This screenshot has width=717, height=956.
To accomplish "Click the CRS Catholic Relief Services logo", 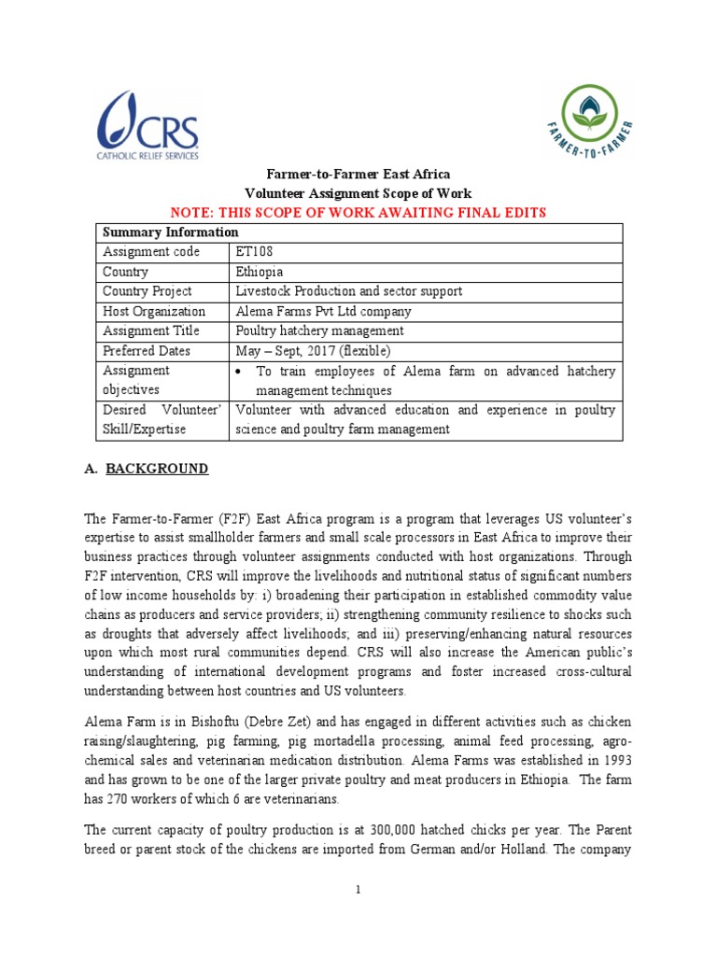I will [x=148, y=126].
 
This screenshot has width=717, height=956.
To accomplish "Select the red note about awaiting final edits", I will [x=359, y=213].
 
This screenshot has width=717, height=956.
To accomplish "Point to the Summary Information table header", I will [x=170, y=232].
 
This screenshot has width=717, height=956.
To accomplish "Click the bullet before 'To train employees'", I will [x=241, y=372].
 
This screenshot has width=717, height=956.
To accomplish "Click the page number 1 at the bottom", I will [x=358, y=890].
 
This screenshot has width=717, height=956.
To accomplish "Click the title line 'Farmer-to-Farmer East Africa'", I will [x=359, y=175].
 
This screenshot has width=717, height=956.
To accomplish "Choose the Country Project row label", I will [x=147, y=291].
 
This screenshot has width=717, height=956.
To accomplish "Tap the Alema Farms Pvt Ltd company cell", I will [x=323, y=311].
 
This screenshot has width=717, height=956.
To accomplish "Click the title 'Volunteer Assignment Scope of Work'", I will [x=359, y=193].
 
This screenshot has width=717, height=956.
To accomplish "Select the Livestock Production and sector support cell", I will [x=349, y=291].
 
